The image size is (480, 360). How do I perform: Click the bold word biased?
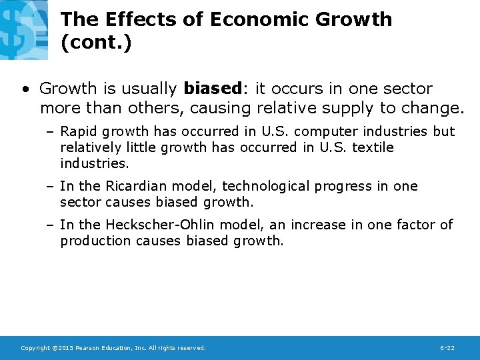[x=211, y=89]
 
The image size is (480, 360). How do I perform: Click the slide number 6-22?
[x=447, y=348]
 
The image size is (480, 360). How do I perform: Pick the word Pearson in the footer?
[x=89, y=348]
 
